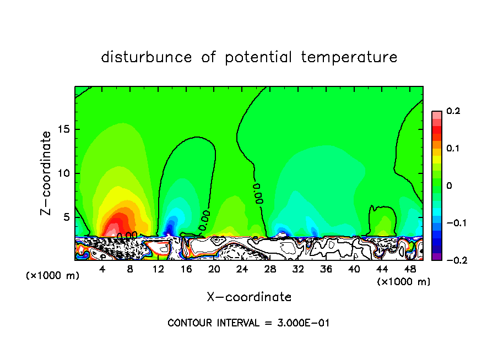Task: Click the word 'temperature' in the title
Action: [349, 58]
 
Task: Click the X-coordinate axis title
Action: [249, 297]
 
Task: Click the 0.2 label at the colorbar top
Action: [453, 111]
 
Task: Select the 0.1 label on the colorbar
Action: [453, 149]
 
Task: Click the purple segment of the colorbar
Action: [436, 256]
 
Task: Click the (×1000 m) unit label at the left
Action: [53, 276]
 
